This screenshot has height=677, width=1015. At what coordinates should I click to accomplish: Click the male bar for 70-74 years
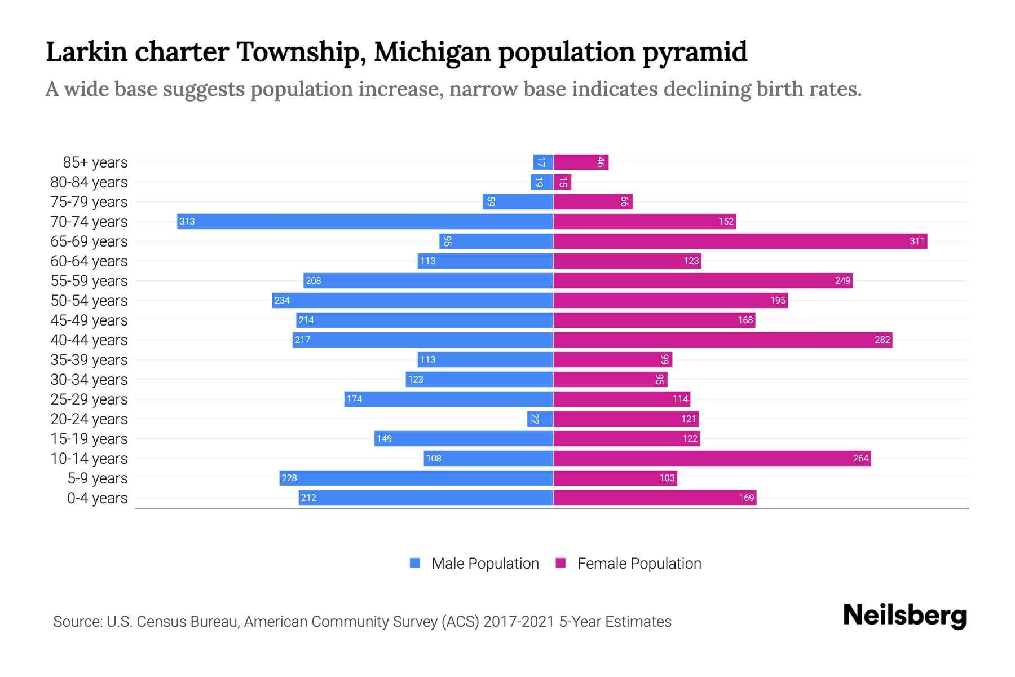point(365,221)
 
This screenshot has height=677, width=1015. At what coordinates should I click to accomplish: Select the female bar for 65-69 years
point(740,241)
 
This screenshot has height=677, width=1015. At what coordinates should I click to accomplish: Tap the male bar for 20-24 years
point(540,419)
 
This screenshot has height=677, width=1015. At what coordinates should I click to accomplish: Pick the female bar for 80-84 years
point(562,182)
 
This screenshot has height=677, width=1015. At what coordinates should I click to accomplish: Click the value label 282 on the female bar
point(882,340)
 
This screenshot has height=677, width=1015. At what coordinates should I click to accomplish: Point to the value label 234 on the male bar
point(282,300)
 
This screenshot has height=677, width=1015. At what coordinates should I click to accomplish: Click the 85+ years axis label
point(95,162)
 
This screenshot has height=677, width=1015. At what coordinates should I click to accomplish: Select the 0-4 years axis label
point(97,498)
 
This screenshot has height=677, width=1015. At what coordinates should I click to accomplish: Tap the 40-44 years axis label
point(89,340)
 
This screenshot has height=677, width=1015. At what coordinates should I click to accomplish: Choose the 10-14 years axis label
point(89,459)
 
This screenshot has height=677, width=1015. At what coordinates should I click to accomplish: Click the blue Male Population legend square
point(415,563)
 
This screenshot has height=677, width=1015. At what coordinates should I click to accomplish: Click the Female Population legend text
point(639,564)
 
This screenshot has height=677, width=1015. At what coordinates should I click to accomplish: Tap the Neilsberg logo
point(904,616)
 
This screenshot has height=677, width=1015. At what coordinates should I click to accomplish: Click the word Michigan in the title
point(433,52)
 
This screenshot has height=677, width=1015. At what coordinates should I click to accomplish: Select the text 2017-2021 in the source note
point(518,622)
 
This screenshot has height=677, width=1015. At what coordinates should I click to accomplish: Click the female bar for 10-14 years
point(712,458)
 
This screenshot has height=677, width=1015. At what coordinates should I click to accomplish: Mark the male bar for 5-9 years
point(416,478)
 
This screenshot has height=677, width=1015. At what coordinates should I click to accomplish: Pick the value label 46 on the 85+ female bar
point(601,162)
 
